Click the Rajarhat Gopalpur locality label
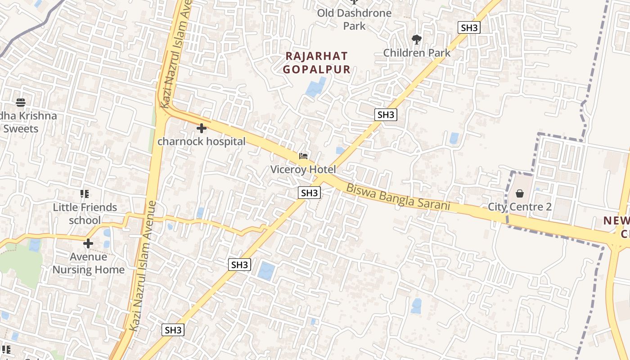[317, 63]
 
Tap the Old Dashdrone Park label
[354, 19]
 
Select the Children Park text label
[416, 53]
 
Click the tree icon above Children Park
[417, 40]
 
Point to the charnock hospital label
[201, 141]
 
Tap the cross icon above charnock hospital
[202, 128]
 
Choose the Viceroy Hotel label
[303, 169]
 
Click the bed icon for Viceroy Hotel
[303, 156]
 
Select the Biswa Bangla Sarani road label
[398, 197]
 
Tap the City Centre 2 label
[520, 207]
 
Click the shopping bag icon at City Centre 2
[520, 193]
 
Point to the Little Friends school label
[85, 214]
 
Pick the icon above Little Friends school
[85, 194]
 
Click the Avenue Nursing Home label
[88, 263]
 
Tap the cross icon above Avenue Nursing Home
[88, 243]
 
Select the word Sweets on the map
[21, 129]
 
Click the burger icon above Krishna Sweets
[21, 103]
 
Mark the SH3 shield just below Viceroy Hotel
[310, 193]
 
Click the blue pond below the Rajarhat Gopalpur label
[316, 87]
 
